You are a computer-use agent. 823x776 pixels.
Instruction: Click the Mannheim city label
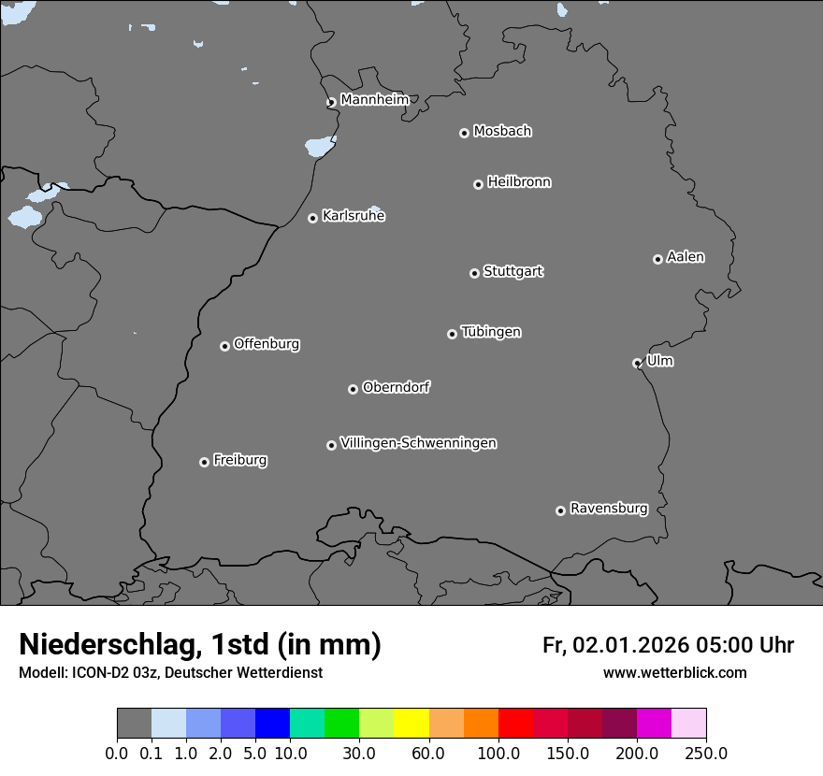point(374,99)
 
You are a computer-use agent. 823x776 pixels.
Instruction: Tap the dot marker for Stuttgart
point(474,273)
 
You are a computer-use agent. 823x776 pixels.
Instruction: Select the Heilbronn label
point(519,181)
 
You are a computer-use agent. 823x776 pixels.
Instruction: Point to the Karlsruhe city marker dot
point(312,218)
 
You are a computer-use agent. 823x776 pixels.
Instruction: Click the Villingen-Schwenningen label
point(418,442)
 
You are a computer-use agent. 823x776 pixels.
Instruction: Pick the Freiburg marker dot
point(204,462)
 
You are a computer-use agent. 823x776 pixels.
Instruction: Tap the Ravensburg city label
point(609,509)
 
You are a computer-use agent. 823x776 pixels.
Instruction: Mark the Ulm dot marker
point(637,363)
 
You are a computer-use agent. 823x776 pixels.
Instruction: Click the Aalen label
point(686,256)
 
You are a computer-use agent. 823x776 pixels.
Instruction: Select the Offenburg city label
point(267,343)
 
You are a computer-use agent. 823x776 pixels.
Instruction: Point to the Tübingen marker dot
point(452,334)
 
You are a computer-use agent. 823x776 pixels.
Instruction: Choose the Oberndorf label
point(396,386)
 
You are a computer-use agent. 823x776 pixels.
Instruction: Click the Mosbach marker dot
point(464,133)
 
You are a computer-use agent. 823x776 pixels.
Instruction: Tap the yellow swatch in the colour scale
point(411,724)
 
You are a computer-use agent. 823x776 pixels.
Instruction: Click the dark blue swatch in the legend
point(272,724)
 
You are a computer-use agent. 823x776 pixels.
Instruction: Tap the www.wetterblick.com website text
point(674,672)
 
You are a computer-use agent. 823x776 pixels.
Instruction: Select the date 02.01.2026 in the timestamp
point(630,645)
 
